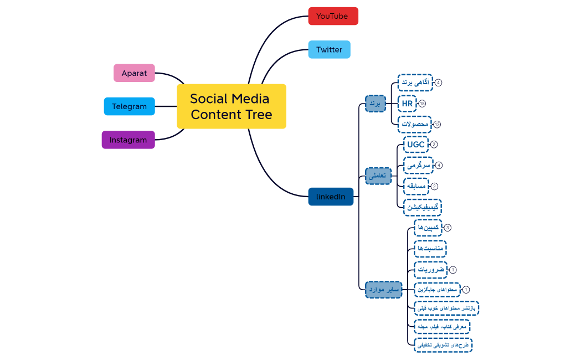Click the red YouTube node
333,16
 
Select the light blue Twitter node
329,49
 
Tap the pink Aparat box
134,73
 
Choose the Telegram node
129,106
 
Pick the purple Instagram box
128,140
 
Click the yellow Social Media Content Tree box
232,106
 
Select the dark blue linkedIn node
331,197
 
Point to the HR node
407,104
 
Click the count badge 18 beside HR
422,104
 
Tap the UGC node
415,145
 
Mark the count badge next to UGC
434,145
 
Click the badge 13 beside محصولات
437,124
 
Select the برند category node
375,104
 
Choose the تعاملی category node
378,176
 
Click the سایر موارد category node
383,289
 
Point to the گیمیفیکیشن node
422,207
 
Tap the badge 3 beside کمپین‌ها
448,228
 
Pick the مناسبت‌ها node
430,249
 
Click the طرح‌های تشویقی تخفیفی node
443,345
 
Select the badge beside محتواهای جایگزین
466,290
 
